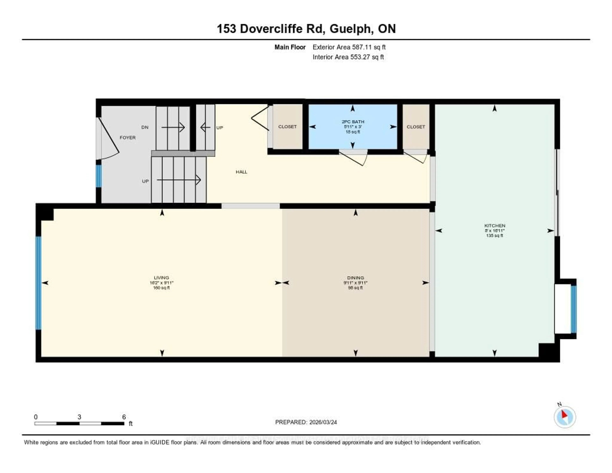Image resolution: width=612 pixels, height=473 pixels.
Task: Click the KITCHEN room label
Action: coord(495,226)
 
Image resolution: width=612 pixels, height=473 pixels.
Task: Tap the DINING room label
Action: coord(355,278)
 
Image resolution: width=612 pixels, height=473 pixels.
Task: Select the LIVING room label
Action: coord(161,278)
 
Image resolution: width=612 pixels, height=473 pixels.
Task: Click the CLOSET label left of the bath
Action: coord(287,127)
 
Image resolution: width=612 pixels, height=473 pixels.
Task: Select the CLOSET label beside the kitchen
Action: coord(415,127)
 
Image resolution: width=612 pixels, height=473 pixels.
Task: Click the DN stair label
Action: coord(145,127)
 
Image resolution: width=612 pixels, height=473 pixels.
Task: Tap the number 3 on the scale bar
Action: coord(79,417)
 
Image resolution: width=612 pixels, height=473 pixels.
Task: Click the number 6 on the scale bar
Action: coord(124,417)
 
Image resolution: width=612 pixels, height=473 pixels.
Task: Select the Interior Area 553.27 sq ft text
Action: coord(348,57)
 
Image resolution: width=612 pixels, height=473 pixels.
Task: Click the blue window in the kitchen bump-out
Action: coord(574,309)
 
